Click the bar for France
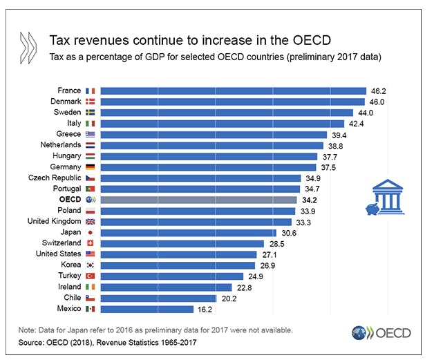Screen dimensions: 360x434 [x=234, y=91]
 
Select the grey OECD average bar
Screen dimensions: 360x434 [x=199, y=200]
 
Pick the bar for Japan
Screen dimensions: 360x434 [x=189, y=232]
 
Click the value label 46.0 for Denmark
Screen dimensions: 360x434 [x=378, y=102]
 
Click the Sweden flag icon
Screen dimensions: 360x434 [x=90, y=113]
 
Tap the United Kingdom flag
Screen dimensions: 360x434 [x=90, y=221]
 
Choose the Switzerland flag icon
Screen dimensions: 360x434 [x=90, y=243]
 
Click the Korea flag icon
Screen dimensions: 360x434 [x=90, y=265]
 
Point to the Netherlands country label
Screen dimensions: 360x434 [x=59, y=145]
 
